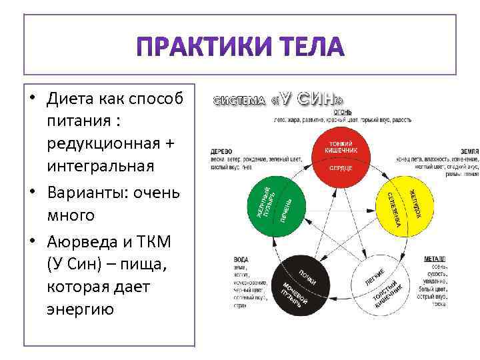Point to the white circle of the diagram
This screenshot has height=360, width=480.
coord(383,285)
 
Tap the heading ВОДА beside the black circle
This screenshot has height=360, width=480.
coord(241,259)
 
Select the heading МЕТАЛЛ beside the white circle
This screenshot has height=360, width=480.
coord(435,259)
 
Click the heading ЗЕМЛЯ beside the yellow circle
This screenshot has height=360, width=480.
coord(469,151)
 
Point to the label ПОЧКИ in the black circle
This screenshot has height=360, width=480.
coord(307,276)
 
